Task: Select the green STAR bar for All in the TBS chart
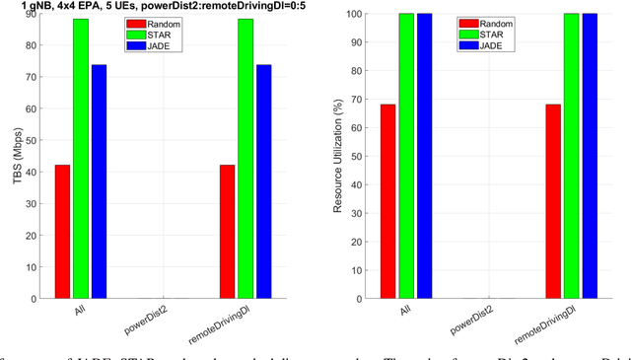(80, 158)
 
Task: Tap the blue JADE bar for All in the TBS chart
(99, 181)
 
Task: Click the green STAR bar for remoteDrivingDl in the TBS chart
(245, 158)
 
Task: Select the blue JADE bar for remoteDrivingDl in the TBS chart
(263, 181)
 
